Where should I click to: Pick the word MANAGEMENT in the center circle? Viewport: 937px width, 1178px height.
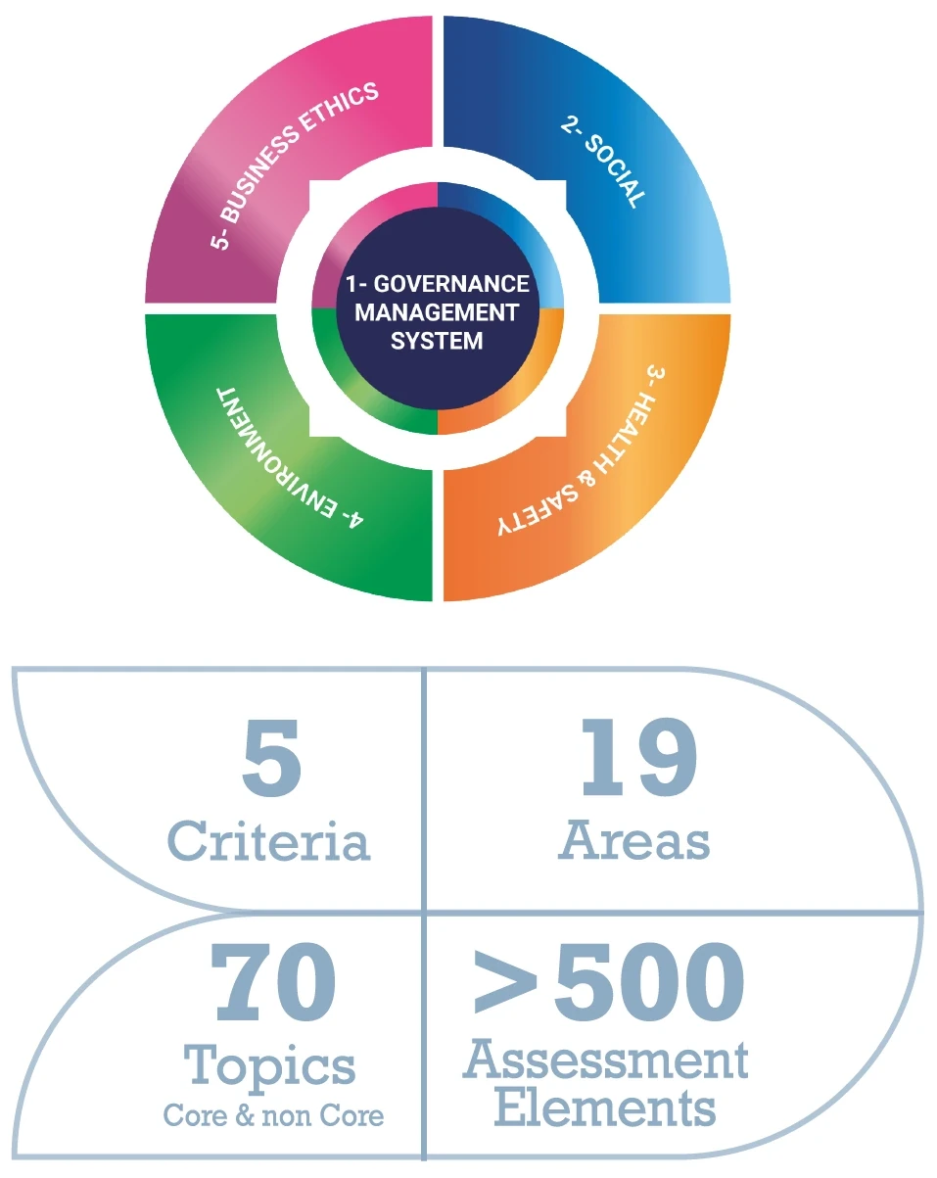pyautogui.click(x=437, y=313)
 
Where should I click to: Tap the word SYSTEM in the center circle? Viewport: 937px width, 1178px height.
pyautogui.click(x=437, y=341)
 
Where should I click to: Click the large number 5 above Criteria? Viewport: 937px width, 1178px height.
pyautogui.click(x=271, y=758)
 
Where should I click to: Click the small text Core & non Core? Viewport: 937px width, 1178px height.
pyautogui.click(x=273, y=1114)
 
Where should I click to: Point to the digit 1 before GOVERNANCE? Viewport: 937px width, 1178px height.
pyautogui.click(x=351, y=285)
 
